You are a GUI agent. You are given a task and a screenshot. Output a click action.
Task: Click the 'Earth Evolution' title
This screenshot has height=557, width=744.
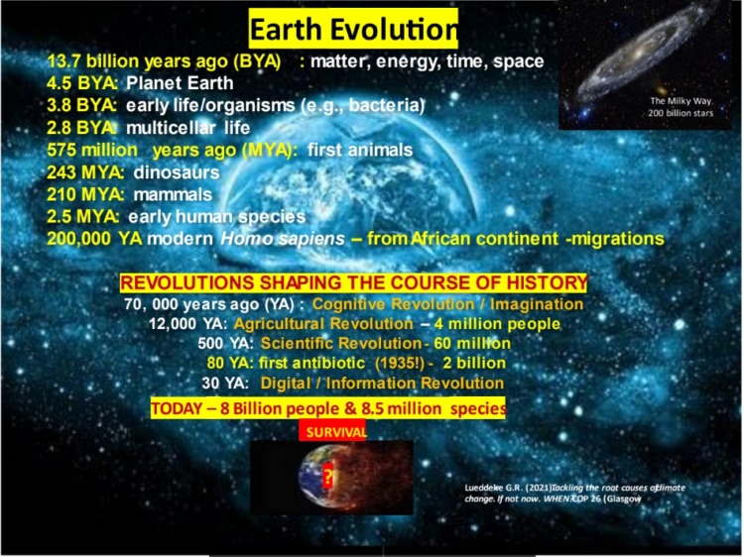click(353, 26)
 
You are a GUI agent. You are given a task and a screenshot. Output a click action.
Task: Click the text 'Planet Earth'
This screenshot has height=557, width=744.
click(180, 83)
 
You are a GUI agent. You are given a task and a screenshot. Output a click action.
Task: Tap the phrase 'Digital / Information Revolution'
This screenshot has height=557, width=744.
click(382, 384)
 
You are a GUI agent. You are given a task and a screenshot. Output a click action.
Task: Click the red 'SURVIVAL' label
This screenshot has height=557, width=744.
click(332, 431)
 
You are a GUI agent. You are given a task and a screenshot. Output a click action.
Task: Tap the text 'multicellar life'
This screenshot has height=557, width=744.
click(187, 128)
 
